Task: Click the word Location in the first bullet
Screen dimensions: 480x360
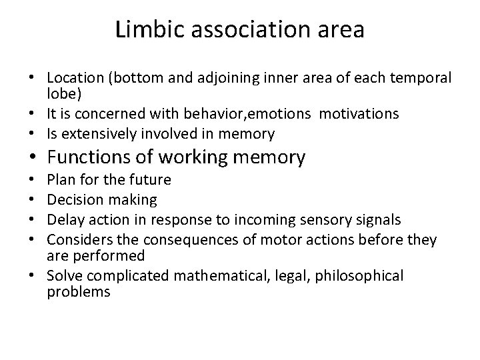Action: (71, 79)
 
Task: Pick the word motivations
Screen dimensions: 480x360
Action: (359, 114)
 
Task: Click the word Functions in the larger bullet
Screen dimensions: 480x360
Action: (89, 157)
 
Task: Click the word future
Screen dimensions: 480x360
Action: (149, 180)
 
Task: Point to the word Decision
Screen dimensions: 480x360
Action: (73, 199)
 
